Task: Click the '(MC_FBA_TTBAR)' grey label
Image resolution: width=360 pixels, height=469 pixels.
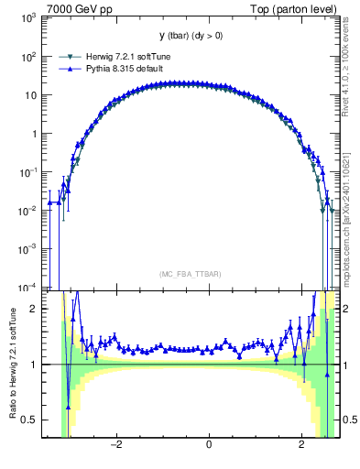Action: pos(185,274)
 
